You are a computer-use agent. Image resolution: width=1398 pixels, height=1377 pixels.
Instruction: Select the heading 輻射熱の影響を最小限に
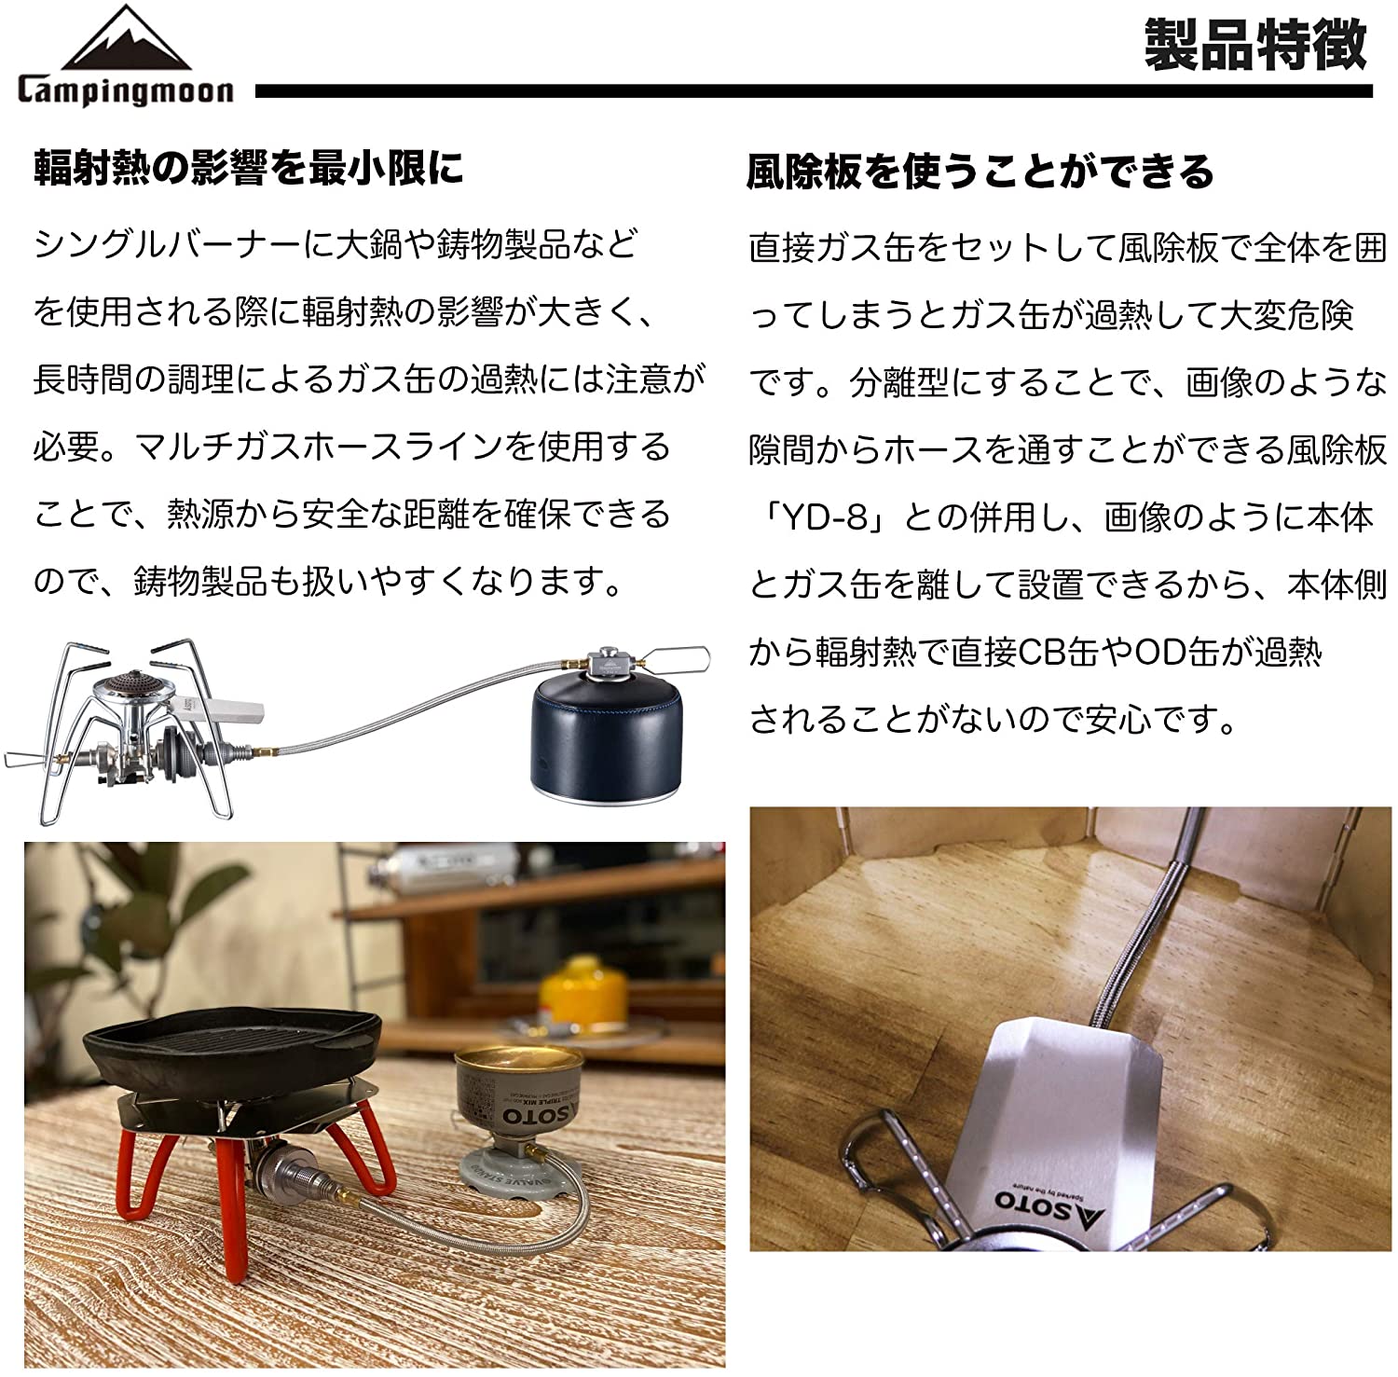point(248,169)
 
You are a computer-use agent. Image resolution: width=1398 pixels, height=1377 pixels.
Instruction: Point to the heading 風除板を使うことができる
point(980,172)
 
